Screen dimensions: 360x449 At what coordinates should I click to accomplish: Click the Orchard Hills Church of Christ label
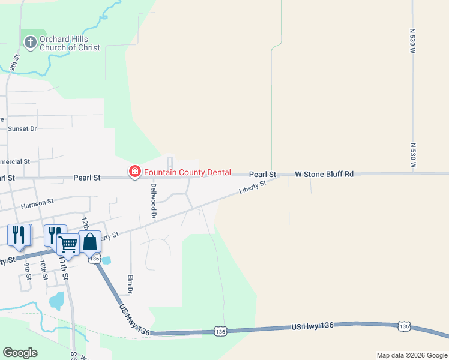[70, 43]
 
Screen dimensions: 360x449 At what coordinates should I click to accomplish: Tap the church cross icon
[30, 42]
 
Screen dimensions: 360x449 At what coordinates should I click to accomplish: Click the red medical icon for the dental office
[134, 172]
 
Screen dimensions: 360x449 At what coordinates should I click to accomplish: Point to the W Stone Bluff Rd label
[324, 174]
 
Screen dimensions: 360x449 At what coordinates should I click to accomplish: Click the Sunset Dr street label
[22, 128]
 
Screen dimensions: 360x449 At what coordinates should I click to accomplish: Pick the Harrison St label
[37, 205]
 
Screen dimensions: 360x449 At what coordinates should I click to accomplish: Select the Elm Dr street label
[130, 284]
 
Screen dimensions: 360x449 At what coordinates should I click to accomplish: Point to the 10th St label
[43, 269]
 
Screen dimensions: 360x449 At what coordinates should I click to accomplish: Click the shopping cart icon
[69, 244]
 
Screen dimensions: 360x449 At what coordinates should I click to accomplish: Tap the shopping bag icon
[89, 242]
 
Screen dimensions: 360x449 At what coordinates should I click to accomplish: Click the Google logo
[20, 353]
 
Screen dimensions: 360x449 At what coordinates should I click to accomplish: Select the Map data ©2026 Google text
[412, 355]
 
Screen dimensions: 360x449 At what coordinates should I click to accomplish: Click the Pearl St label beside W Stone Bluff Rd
[262, 174]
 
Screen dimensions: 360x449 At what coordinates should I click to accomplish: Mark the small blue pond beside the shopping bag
[106, 260]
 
